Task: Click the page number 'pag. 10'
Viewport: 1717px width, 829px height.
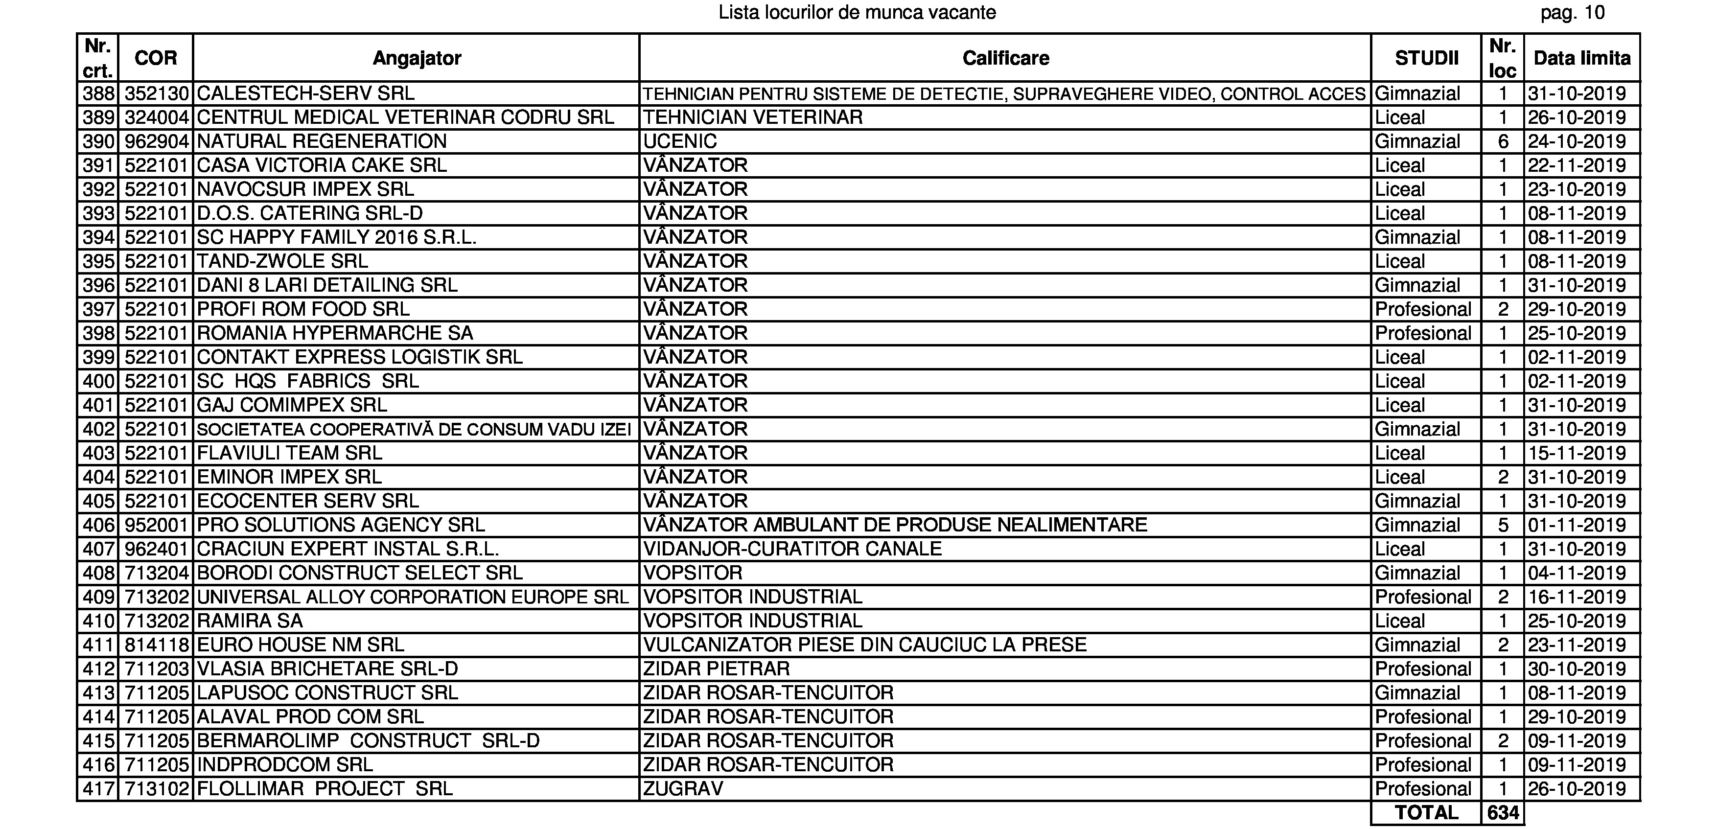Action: [x=1572, y=13]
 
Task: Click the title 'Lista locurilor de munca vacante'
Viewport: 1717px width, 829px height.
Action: [x=857, y=13]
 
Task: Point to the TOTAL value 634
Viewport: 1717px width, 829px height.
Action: [x=1503, y=813]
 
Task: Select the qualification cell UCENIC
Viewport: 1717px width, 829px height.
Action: [x=680, y=141]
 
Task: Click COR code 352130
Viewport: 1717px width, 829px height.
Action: [x=157, y=93]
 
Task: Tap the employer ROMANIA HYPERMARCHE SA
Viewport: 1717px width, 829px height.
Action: [x=335, y=333]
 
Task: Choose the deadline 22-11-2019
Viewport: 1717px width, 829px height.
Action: [x=1577, y=165]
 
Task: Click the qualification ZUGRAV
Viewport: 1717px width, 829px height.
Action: [x=682, y=789]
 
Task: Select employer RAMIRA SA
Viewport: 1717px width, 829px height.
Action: [x=250, y=621]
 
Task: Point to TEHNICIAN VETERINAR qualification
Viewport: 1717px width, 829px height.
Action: [x=752, y=117]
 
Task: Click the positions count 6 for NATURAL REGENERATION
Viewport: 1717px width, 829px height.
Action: [x=1503, y=141]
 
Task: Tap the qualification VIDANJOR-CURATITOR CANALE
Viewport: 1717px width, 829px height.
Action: [x=792, y=549]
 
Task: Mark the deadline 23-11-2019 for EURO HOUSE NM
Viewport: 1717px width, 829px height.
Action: [x=1577, y=645]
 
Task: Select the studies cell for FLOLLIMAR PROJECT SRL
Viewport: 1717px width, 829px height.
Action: [x=1422, y=789]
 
